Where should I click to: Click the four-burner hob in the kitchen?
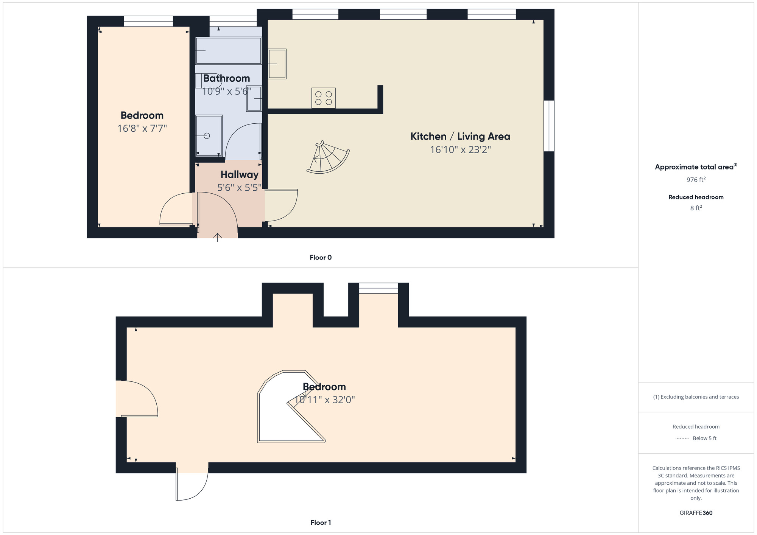point(323,98)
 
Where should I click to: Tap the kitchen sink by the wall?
point(277,64)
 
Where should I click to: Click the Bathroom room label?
point(226,78)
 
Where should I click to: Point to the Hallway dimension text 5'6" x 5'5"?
point(239,187)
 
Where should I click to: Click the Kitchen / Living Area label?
point(460,136)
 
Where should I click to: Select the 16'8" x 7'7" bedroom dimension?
point(142,128)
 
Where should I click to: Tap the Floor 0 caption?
point(321,257)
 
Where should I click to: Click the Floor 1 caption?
point(321,523)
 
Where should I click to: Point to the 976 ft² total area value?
point(696,179)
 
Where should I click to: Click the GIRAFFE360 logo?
point(696,513)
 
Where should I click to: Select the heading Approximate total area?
point(696,167)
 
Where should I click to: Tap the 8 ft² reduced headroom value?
point(696,208)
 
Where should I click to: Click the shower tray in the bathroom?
point(209,135)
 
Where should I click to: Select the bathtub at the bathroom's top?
point(229,50)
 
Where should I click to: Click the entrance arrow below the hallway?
point(217,237)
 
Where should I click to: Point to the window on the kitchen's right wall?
point(549,126)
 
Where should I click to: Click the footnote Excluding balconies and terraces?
point(696,397)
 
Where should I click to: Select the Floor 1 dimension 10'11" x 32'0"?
point(324,400)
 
